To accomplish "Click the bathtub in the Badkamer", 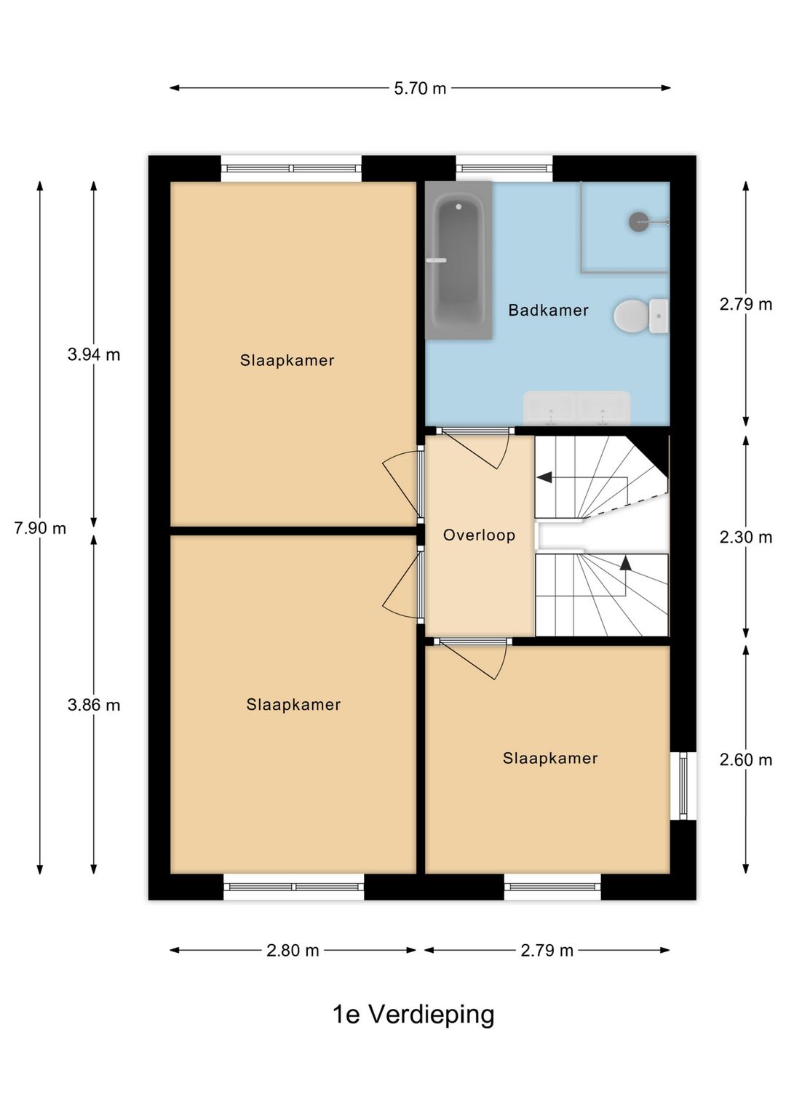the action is [458, 260].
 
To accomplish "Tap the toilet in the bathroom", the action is [640, 316].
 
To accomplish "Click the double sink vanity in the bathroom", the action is [576, 408].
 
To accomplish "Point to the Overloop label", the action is [479, 535].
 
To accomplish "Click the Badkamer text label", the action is [549, 311].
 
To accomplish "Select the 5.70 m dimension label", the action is [420, 89].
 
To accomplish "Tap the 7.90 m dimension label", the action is [40, 529].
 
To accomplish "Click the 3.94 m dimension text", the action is [94, 355].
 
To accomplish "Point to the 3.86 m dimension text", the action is [94, 705].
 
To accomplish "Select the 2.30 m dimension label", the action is [746, 537].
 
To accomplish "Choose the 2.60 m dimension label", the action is [746, 759].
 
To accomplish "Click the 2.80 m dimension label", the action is [293, 951].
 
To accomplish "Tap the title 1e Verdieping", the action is [413, 1015].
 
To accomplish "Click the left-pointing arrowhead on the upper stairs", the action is [544, 477].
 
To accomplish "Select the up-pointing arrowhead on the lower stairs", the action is [626, 562].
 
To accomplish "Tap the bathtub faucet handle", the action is [437, 260].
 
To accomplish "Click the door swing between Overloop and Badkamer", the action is [475, 449].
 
